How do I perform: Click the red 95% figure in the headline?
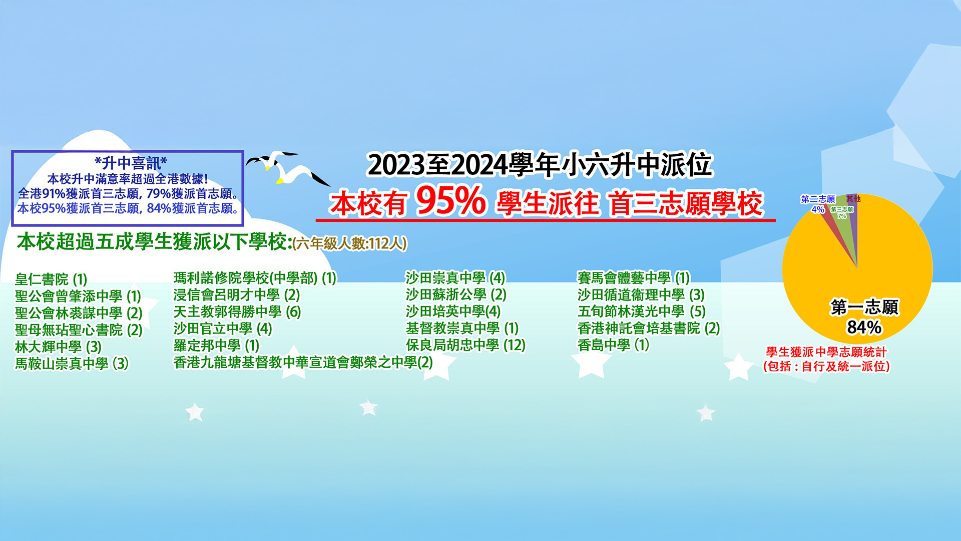pos(450,201)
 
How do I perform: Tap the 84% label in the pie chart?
pos(864,327)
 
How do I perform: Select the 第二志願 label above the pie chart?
pos(818,199)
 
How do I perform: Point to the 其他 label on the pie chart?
pos(853,198)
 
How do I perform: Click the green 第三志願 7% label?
pos(842,212)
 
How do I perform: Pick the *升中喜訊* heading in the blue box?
pos(131,163)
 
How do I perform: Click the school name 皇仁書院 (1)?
pos(51,279)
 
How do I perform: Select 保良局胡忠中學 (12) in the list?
pos(465,345)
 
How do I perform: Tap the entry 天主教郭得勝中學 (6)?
pos(237,312)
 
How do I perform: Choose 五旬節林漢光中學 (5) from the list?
pos(642,312)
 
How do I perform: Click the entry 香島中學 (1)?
pos(613,345)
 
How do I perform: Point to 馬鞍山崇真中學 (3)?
pos(72,363)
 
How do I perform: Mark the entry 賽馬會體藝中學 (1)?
pos(634,278)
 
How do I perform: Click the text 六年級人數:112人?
pos(350,243)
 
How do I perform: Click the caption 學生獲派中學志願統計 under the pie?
pos(826,352)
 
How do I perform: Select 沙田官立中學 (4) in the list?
pos(223,329)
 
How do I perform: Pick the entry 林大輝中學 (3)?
pos(58,347)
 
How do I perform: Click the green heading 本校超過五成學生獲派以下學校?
pos(154,242)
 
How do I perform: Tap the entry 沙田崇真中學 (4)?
pos(455,278)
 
